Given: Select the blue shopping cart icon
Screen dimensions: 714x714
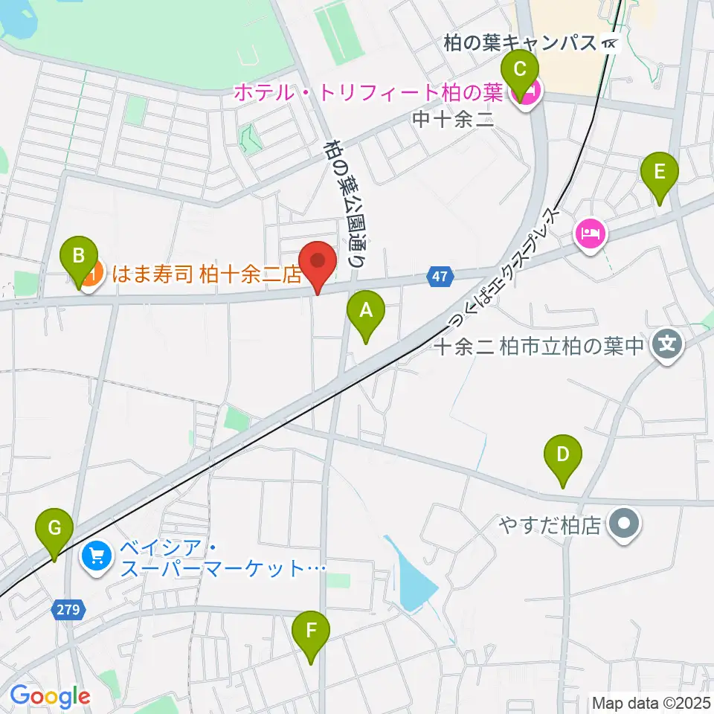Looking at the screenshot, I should click(x=96, y=555).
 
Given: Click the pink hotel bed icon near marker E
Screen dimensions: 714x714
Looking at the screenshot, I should click(x=591, y=236).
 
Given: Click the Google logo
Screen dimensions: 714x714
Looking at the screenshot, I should click(x=50, y=697).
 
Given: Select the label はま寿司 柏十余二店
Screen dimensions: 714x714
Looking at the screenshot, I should click(x=206, y=274).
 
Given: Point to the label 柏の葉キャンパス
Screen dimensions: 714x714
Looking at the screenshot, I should click(x=521, y=43).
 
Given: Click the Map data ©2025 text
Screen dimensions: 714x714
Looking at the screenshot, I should click(x=651, y=702).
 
